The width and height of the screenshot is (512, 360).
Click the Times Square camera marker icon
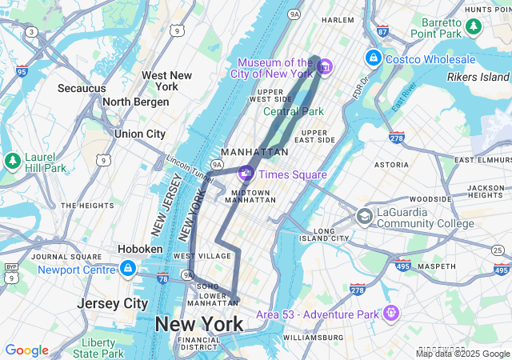coord(246,172)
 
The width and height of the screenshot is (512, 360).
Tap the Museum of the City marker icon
coord(325,66)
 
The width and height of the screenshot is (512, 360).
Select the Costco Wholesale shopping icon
coord(374,58)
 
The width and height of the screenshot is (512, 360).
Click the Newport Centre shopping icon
coord(128,268)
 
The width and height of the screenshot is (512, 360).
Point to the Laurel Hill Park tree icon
coord(13,160)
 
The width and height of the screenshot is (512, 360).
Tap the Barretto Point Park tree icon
coord(474,27)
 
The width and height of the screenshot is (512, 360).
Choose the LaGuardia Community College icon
coord(365,217)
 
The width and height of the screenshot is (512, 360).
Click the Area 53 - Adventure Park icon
coord(390,313)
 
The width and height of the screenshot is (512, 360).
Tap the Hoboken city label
coord(141,249)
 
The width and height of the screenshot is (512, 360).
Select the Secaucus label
coord(82,88)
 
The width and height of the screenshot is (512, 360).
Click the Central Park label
coord(294,111)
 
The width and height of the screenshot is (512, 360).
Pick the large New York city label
coord(199,324)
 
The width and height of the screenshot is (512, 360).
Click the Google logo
coord(26,350)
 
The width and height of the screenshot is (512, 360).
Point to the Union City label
coord(140,134)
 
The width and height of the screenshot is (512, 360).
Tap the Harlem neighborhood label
coord(338,19)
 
